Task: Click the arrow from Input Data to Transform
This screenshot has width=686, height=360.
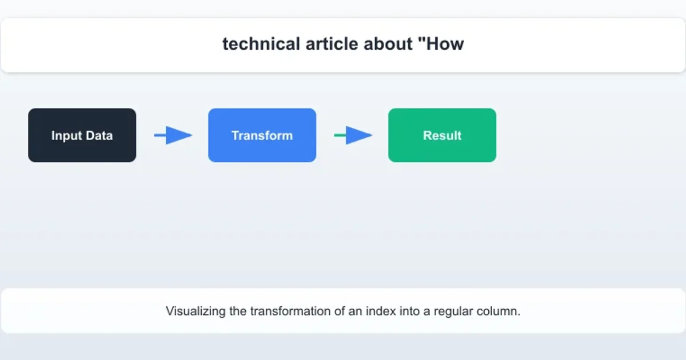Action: coord(173,135)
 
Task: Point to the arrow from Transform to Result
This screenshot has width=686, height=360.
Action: coord(353,135)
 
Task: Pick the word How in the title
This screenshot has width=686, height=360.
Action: coord(447,44)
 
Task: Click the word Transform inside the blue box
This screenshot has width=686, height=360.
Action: coord(262,135)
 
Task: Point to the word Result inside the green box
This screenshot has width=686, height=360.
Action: coord(442,135)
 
